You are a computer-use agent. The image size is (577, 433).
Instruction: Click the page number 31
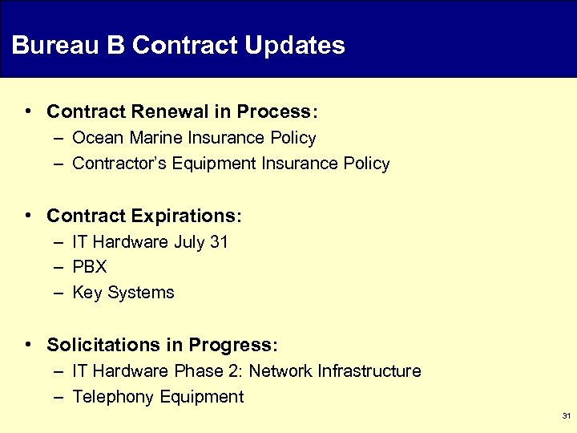click(566, 416)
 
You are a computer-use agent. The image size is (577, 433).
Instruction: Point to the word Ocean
click(95, 138)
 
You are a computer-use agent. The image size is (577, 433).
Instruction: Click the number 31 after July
click(219, 242)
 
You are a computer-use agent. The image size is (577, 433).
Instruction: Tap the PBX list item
click(89, 267)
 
